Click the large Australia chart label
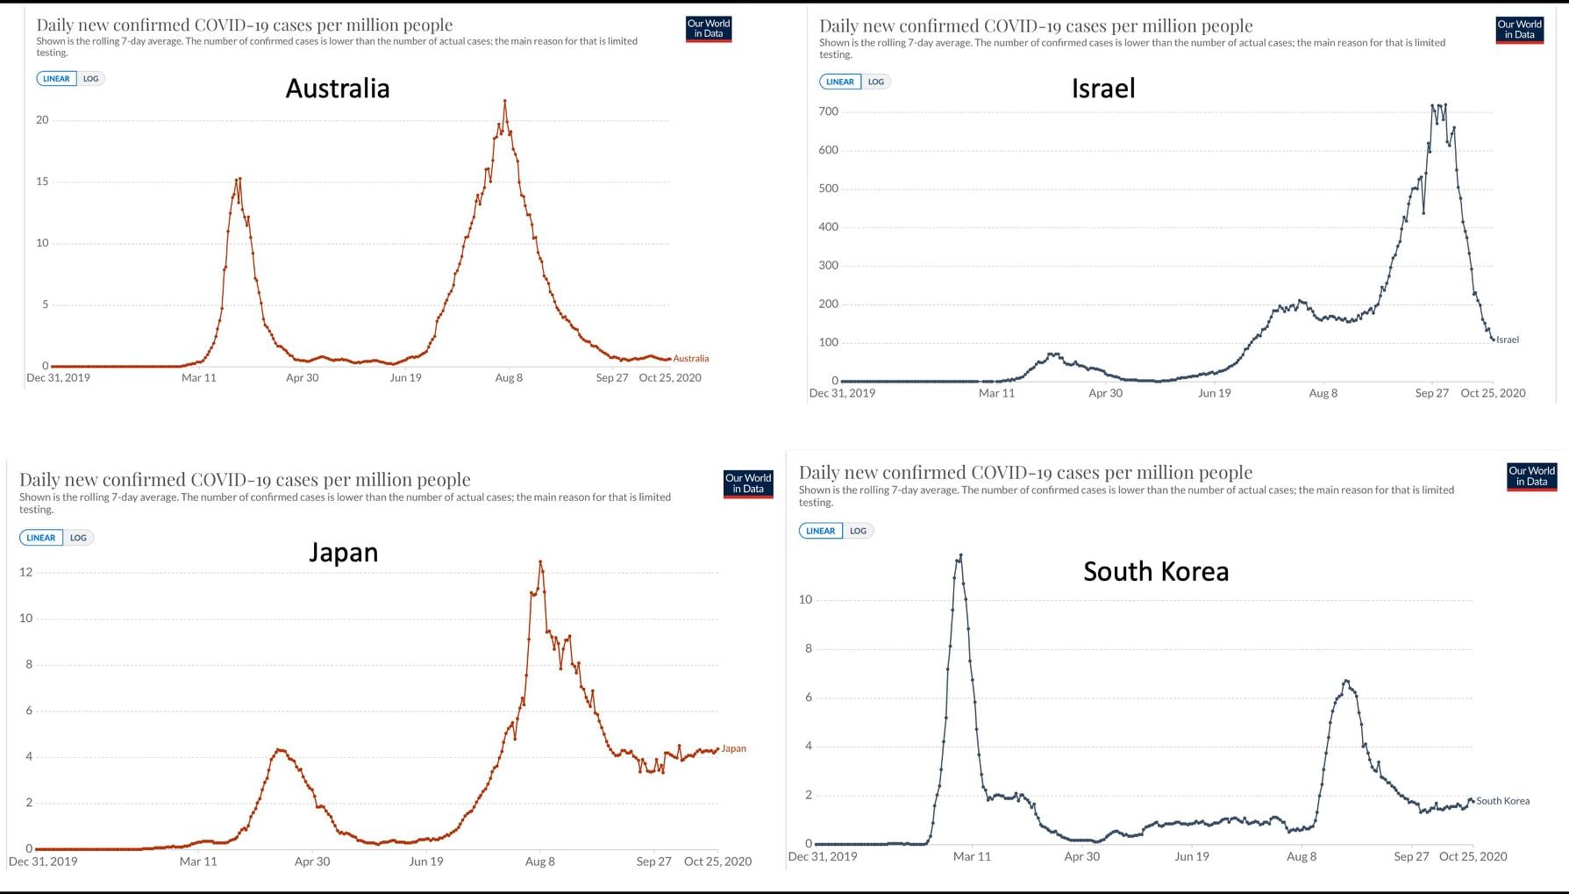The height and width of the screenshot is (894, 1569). click(338, 89)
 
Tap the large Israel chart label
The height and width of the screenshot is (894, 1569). click(1103, 89)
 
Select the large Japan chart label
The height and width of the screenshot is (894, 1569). click(343, 553)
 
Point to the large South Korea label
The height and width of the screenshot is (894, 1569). click(1156, 572)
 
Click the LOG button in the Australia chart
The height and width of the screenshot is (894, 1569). click(91, 79)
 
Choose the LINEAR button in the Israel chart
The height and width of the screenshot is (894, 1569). click(839, 82)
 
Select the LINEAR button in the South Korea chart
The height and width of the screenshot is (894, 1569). click(820, 531)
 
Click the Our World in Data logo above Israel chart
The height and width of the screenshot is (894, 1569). click(1519, 30)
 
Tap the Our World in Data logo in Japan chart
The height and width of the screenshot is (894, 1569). click(747, 484)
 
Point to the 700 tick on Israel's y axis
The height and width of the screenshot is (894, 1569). click(828, 111)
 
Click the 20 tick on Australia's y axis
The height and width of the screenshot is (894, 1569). click(42, 120)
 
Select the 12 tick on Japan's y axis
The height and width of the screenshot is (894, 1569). click(25, 572)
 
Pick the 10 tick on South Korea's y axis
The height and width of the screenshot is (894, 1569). click(805, 600)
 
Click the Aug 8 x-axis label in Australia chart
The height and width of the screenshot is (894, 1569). click(509, 378)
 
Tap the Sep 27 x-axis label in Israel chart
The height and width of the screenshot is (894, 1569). click(1431, 393)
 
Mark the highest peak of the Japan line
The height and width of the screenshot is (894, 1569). click(540, 561)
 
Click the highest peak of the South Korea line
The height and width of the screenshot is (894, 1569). click(961, 554)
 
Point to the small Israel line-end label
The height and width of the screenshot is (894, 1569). click(1507, 340)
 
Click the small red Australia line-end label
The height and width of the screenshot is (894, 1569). click(690, 359)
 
